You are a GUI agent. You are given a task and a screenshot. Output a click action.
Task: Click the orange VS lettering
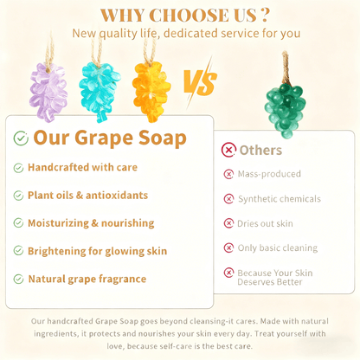point(200,84)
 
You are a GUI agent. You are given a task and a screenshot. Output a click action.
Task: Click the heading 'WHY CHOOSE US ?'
point(184,15)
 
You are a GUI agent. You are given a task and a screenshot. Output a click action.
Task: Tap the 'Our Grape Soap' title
point(109,138)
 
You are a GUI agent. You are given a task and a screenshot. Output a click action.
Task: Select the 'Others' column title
point(260,149)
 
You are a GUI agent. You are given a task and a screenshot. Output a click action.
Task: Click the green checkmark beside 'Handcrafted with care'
point(18,167)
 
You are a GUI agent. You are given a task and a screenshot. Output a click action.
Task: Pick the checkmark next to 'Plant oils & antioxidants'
point(18,196)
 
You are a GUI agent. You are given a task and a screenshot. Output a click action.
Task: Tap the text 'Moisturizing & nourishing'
point(91,223)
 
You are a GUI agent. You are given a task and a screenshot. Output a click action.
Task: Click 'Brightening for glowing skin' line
point(96,251)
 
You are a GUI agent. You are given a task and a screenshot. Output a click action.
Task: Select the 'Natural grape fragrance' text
point(87,279)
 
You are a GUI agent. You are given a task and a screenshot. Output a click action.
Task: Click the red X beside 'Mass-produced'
point(228,174)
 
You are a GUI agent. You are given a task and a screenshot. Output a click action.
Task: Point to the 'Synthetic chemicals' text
point(279,199)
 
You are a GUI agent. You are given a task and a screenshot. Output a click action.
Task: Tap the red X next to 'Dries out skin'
point(228,223)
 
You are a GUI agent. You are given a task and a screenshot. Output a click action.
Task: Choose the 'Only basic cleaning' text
point(277,248)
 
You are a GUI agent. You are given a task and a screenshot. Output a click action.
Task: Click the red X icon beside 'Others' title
point(228,150)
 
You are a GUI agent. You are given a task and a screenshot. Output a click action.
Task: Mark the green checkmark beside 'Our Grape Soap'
point(21,138)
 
